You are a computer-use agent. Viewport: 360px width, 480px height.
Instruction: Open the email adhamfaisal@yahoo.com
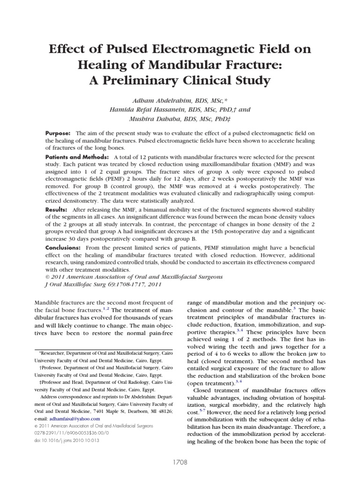[76, 419]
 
